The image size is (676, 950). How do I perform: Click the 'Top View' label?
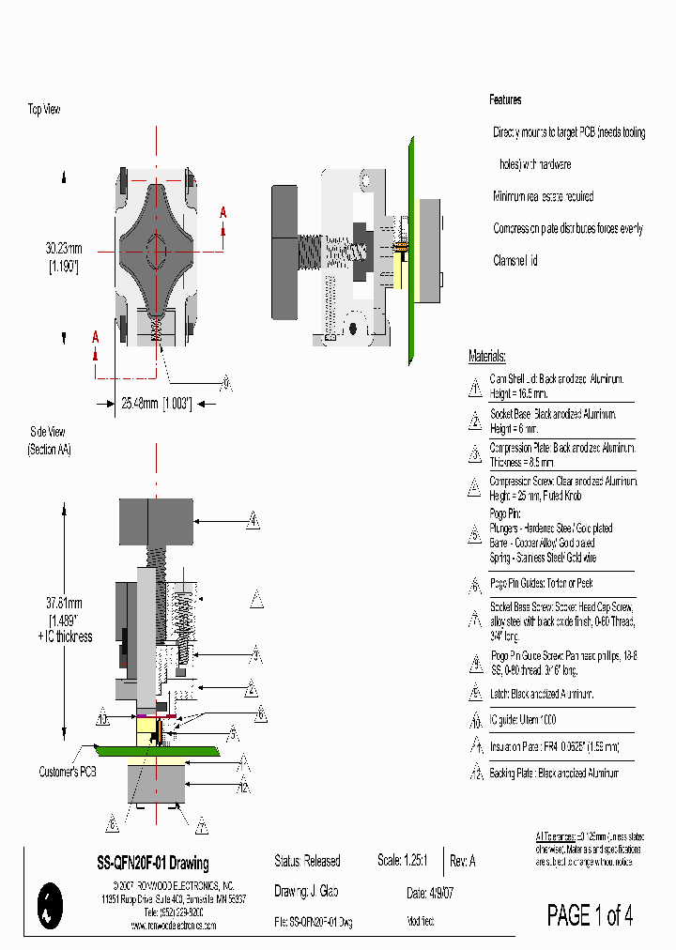[x=44, y=110]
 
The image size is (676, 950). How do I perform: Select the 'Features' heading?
[x=505, y=100]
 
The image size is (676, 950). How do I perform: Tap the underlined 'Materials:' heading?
[x=487, y=357]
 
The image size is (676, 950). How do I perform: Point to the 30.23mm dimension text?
[x=64, y=249]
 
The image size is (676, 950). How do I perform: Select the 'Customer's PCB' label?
[x=66, y=772]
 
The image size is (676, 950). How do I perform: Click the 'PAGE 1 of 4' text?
[x=590, y=915]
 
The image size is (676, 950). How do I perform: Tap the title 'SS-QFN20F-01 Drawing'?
[x=153, y=863]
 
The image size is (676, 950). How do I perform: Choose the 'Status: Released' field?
[x=307, y=861]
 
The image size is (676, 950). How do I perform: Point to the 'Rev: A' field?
[x=463, y=861]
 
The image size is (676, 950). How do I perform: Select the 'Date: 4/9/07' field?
[x=430, y=893]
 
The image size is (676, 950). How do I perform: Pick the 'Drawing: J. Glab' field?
[x=306, y=893]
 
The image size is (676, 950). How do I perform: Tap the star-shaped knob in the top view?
[x=157, y=252]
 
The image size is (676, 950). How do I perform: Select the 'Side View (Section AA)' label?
[x=50, y=440]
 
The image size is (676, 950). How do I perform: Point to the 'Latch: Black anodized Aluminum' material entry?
[x=542, y=694]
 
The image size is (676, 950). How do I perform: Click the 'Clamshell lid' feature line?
[x=515, y=260]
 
